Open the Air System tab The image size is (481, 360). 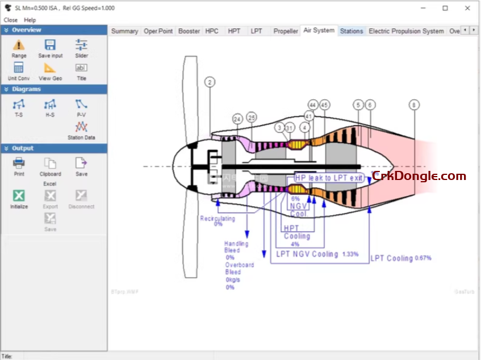tap(319, 30)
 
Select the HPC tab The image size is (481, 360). tap(212, 31)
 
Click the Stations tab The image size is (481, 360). tap(351, 31)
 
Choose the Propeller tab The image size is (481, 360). tap(285, 31)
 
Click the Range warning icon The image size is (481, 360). tap(19, 45)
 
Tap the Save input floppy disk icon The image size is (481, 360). tap(50, 45)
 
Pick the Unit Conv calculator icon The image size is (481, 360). tap(19, 68)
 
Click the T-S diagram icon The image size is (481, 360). tap(19, 104)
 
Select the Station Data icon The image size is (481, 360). tap(81, 127)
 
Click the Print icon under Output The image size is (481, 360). tap(19, 164)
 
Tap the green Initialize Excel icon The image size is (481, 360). tap(19, 196)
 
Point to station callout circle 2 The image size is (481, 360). tap(210, 82)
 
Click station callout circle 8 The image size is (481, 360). tap(415, 104)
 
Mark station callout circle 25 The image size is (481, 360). tap(252, 117)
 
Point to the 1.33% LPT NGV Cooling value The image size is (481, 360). tap(350, 254)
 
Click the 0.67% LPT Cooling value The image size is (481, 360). tap(423, 258)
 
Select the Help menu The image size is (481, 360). tap(30, 20)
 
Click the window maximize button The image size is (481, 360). tap(445, 8)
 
